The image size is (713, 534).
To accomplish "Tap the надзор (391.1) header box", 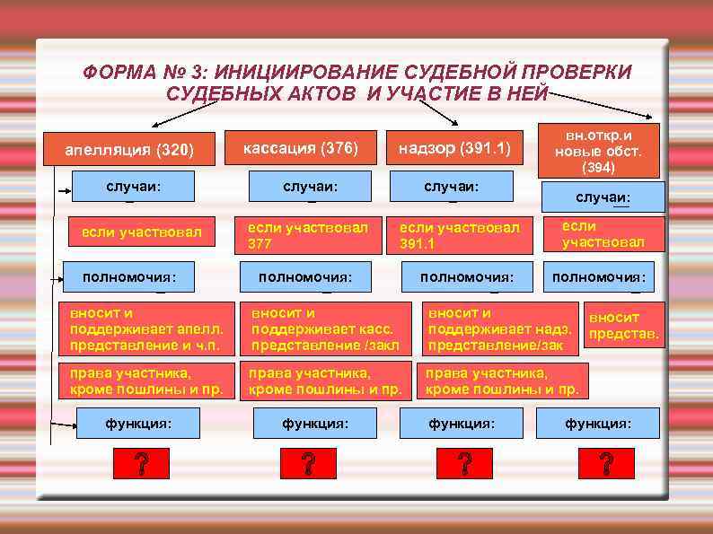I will coord(449,148).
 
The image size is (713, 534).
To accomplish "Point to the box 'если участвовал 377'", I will coord(309,234).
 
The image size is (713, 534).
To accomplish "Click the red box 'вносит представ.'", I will coord(622,327).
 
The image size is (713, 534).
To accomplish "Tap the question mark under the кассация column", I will coord(307,464).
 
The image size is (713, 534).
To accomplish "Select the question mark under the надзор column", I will coord(463,464).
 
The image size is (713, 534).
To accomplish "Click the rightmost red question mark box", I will coord(606,464).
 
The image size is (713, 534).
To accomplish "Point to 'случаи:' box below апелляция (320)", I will coord(140,186).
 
